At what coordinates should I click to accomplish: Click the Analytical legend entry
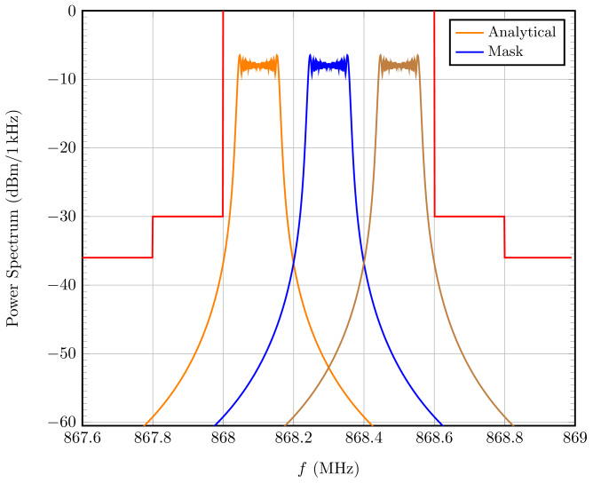pyautogui.click(x=521, y=33)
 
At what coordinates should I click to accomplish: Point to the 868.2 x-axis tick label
pyautogui.click(x=293, y=439)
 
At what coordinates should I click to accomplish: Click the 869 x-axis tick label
pyautogui.click(x=574, y=439)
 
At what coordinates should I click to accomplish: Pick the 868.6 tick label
pyautogui.click(x=434, y=439)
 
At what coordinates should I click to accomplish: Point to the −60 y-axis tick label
pyautogui.click(x=64, y=423)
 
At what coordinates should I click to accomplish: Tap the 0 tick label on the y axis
pyautogui.click(x=71, y=12)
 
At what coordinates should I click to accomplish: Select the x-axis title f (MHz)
pyautogui.click(x=328, y=467)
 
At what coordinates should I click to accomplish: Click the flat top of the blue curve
pyautogui.click(x=328, y=65)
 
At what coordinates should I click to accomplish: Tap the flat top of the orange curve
pyautogui.click(x=257, y=65)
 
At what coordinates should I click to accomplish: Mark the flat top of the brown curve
pyautogui.click(x=399, y=65)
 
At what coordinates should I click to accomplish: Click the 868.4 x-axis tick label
pyautogui.click(x=363, y=439)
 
